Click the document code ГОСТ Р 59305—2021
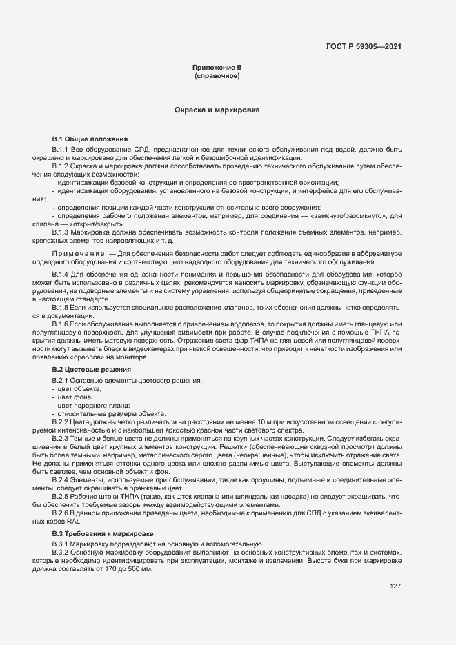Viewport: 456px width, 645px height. tap(364, 47)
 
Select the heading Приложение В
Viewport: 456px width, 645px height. tap(217, 67)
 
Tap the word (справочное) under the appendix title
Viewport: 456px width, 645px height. tap(217, 75)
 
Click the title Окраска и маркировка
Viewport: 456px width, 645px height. tap(217, 110)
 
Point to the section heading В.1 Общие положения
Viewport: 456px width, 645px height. tap(90, 139)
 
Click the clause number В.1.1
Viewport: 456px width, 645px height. tap(61, 149)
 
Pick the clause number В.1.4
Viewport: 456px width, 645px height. tap(61, 275)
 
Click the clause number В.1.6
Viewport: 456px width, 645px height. tap(61, 323)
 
